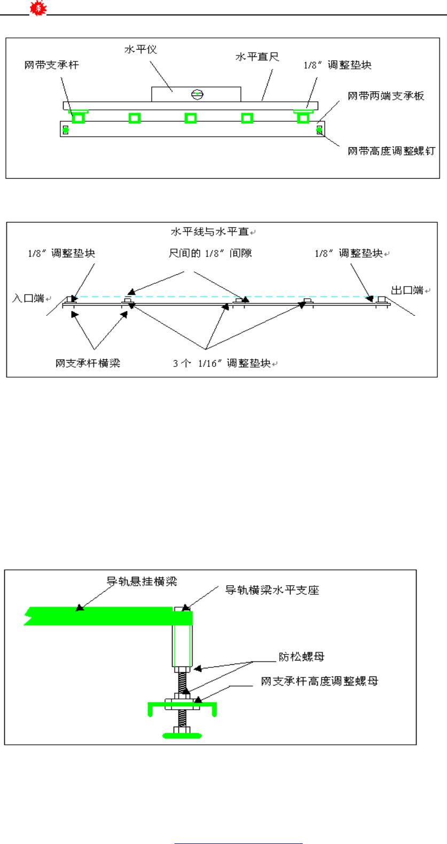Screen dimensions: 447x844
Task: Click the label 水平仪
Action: pos(140,50)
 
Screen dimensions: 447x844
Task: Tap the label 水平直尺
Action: pos(257,57)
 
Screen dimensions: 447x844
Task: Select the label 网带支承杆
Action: pos(51,65)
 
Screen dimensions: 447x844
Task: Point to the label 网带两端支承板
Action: pos(386,96)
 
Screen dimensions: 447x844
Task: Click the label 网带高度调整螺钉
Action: pos(391,151)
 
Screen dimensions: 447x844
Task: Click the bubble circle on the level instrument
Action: pos(198,94)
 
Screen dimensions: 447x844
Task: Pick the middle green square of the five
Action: pos(191,118)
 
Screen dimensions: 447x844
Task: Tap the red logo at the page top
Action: pos(38,8)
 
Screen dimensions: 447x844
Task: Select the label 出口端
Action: pos(407,290)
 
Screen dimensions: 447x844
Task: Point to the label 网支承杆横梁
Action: pos(88,363)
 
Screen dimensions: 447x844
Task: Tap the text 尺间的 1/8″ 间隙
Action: pos(210,253)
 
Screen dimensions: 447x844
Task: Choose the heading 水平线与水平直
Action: pos(210,232)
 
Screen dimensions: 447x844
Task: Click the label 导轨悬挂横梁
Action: pos(142,582)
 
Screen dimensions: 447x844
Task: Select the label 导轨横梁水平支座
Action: pos(272,590)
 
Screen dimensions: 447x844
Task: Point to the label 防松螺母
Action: pos(301,657)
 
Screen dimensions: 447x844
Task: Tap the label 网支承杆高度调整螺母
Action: pos(319,681)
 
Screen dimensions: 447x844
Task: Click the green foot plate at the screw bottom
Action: pos(182,736)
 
